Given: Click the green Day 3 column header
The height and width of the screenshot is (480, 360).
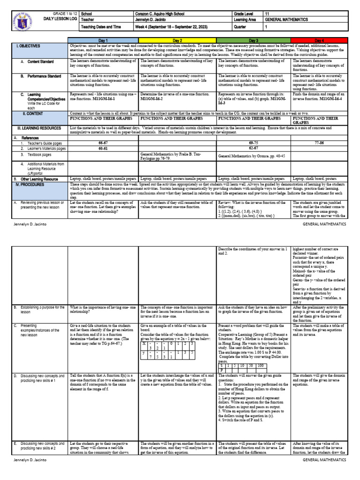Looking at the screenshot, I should point(254,41).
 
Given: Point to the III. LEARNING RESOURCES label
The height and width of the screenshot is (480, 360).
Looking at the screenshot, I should point(38,127).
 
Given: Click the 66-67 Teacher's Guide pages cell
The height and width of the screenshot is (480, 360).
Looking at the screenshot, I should point(103,142).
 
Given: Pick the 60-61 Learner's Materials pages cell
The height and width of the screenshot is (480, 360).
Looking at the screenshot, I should point(103,148).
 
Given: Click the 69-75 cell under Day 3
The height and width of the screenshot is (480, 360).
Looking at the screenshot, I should point(254,142).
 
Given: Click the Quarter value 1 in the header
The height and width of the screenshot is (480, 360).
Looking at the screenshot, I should point(267,27).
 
